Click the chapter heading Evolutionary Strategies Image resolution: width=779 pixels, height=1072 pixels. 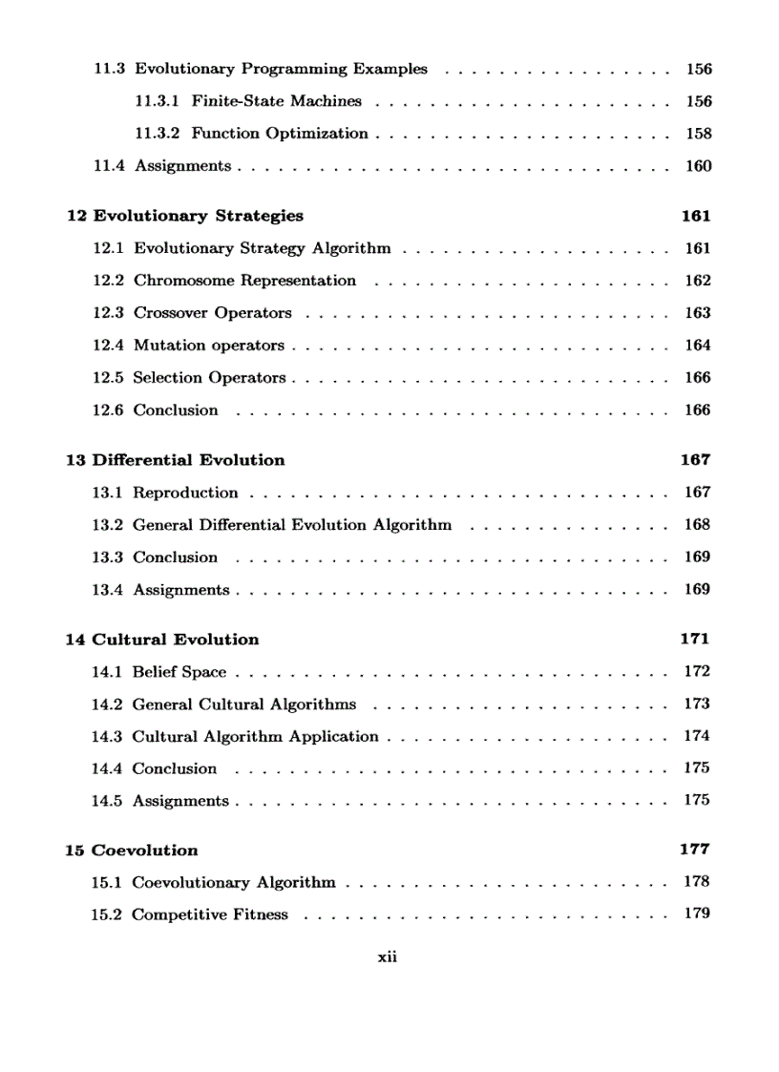198,216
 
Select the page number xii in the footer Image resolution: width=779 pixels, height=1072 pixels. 387,957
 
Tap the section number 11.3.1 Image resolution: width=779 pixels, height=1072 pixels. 158,101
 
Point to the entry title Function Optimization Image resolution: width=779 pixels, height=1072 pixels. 280,134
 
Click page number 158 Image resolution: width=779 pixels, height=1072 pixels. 699,134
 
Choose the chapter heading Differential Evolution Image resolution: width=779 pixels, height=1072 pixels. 188,460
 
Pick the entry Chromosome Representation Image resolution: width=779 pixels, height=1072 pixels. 244,281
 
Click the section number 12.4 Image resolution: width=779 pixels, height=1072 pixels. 108,346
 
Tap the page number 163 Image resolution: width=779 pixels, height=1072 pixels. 698,313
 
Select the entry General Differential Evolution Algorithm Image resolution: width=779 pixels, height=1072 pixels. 292,525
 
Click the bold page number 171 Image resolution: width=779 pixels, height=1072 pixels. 695,640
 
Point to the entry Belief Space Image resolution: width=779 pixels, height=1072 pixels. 179,672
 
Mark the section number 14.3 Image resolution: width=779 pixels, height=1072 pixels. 107,737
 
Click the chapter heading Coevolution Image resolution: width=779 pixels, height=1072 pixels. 144,851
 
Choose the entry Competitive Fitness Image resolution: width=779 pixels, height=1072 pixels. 209,914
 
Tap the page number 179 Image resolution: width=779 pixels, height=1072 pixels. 697,914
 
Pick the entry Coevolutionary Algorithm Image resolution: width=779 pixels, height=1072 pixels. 234,883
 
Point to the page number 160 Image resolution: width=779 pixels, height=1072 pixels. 699,166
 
